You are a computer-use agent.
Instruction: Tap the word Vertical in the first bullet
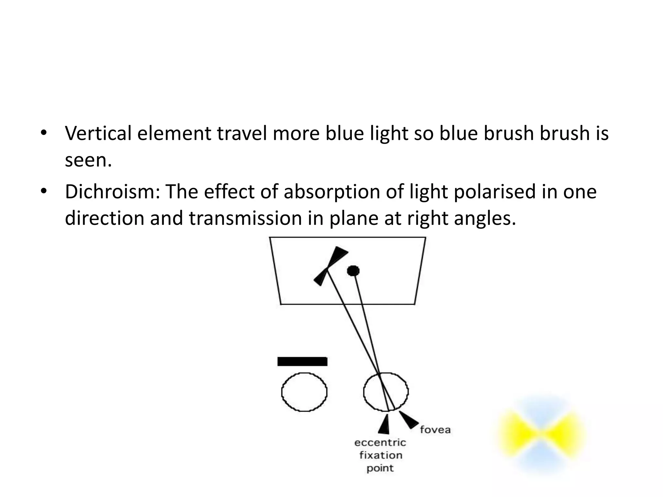pos(98,133)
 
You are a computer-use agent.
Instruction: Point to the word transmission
pos(245,218)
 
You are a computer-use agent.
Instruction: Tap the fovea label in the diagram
pos(435,430)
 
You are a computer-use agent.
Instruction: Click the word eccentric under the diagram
pos(380,443)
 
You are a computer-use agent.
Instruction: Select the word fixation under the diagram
pos(381,456)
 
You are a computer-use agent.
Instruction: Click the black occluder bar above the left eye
pos(302,361)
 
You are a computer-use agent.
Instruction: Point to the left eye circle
pos(304,392)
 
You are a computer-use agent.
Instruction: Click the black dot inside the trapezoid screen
pos(353,271)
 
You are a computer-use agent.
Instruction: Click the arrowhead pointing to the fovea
pos(408,419)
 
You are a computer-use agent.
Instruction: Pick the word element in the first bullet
pos(174,133)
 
